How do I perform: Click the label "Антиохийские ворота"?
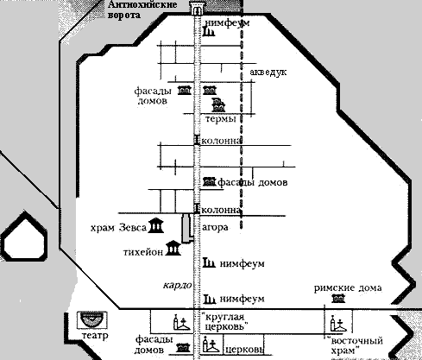(x=142, y=9)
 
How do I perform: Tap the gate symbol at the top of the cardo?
(x=198, y=8)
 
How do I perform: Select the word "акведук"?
(x=268, y=72)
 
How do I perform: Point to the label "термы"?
(x=221, y=118)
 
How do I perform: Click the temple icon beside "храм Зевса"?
(x=155, y=225)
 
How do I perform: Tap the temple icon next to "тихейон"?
(x=173, y=248)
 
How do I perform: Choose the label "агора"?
(x=215, y=228)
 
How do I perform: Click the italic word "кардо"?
(x=178, y=286)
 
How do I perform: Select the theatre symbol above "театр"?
(x=92, y=319)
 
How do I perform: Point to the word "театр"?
(x=95, y=336)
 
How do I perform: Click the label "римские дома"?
(x=348, y=288)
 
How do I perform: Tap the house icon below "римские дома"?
(x=338, y=299)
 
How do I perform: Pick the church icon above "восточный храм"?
(x=338, y=323)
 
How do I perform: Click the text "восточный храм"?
(x=356, y=345)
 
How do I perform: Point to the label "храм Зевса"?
(x=118, y=228)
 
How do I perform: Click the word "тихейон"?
(x=143, y=252)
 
